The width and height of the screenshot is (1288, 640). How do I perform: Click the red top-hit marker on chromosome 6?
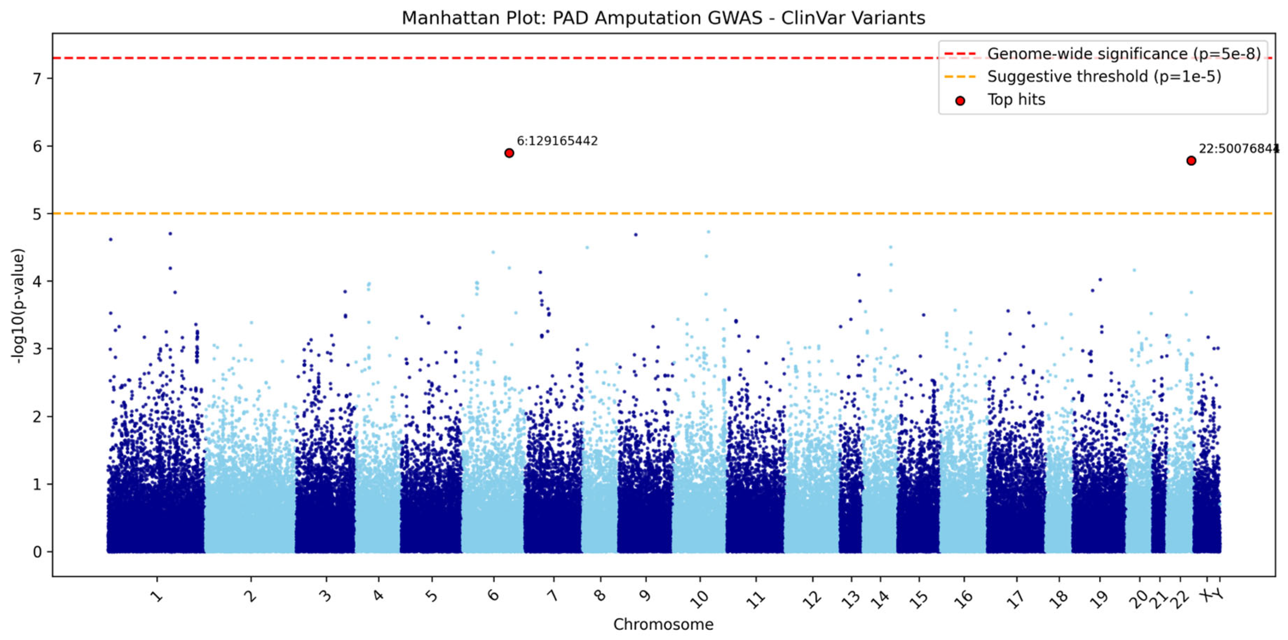509,153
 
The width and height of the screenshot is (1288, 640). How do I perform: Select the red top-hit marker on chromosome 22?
1191,161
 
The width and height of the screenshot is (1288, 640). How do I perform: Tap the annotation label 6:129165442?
557,141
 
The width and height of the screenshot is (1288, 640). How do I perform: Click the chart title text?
663,18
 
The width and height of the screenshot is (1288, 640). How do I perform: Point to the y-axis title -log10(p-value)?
18,306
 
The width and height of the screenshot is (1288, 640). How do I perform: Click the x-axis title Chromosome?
663,624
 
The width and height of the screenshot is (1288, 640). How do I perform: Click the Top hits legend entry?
1015,99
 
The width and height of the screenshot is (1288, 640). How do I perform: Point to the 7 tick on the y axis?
38,79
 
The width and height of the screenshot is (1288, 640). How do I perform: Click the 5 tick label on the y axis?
38,214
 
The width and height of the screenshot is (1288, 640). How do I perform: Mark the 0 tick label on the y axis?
38,552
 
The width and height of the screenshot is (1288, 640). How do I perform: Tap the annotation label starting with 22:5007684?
1238,149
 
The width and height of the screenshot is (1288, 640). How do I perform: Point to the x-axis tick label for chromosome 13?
850,598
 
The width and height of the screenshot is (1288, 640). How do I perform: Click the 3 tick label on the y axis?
38,349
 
